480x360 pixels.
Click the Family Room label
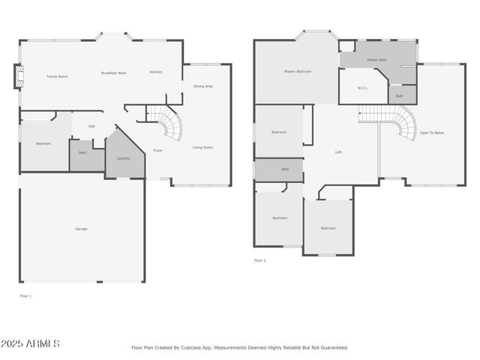57,76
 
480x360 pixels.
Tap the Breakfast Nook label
113,73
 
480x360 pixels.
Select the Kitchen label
156,72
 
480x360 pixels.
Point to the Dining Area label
203,86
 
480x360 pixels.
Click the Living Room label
202,147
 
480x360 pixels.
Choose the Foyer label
158,150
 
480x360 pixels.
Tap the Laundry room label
123,158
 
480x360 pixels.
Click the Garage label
81,229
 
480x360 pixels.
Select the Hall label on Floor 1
91,126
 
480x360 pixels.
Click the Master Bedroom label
297,71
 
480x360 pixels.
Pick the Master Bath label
376,60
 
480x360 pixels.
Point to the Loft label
339,152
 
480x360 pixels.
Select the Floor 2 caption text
259,260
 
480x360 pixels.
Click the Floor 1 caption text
25,296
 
